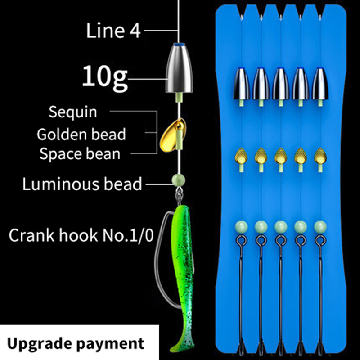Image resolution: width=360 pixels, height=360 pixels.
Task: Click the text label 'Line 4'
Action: coord(113,31)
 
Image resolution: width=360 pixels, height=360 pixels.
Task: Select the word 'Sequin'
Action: coord(73,112)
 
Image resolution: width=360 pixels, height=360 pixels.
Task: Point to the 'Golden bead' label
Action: coord(81,134)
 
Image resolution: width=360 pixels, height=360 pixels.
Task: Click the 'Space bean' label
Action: coord(80,154)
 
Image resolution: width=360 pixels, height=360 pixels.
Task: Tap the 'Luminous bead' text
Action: coord(82,184)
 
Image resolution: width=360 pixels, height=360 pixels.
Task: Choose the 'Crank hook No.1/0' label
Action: coord(81,235)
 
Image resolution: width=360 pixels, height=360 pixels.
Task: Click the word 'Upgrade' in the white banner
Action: coord(38,344)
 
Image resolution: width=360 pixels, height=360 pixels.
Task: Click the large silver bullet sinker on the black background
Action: coord(179,69)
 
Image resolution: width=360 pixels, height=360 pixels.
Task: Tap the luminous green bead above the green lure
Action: coord(178,180)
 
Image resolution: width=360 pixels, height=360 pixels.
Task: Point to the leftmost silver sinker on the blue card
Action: coord(242,84)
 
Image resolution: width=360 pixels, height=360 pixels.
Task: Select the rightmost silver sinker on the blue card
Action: coord(320,84)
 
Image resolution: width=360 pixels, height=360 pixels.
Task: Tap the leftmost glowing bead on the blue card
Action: coord(241,227)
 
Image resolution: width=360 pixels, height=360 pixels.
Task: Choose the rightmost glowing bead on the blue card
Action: coord(320,227)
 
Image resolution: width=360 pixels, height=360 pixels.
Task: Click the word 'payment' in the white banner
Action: coord(110,344)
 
